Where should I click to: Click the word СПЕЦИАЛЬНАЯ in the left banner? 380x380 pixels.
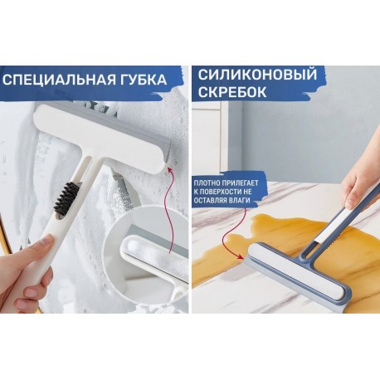[59, 80]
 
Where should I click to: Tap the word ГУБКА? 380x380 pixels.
[144, 80]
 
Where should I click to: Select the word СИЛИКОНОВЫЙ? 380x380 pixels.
[257, 75]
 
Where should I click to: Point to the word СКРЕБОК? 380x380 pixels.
[232, 92]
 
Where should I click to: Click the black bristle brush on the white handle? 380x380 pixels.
[67, 197]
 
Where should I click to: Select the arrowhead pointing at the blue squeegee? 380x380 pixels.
[240, 256]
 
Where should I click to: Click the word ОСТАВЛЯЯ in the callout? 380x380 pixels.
[210, 201]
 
